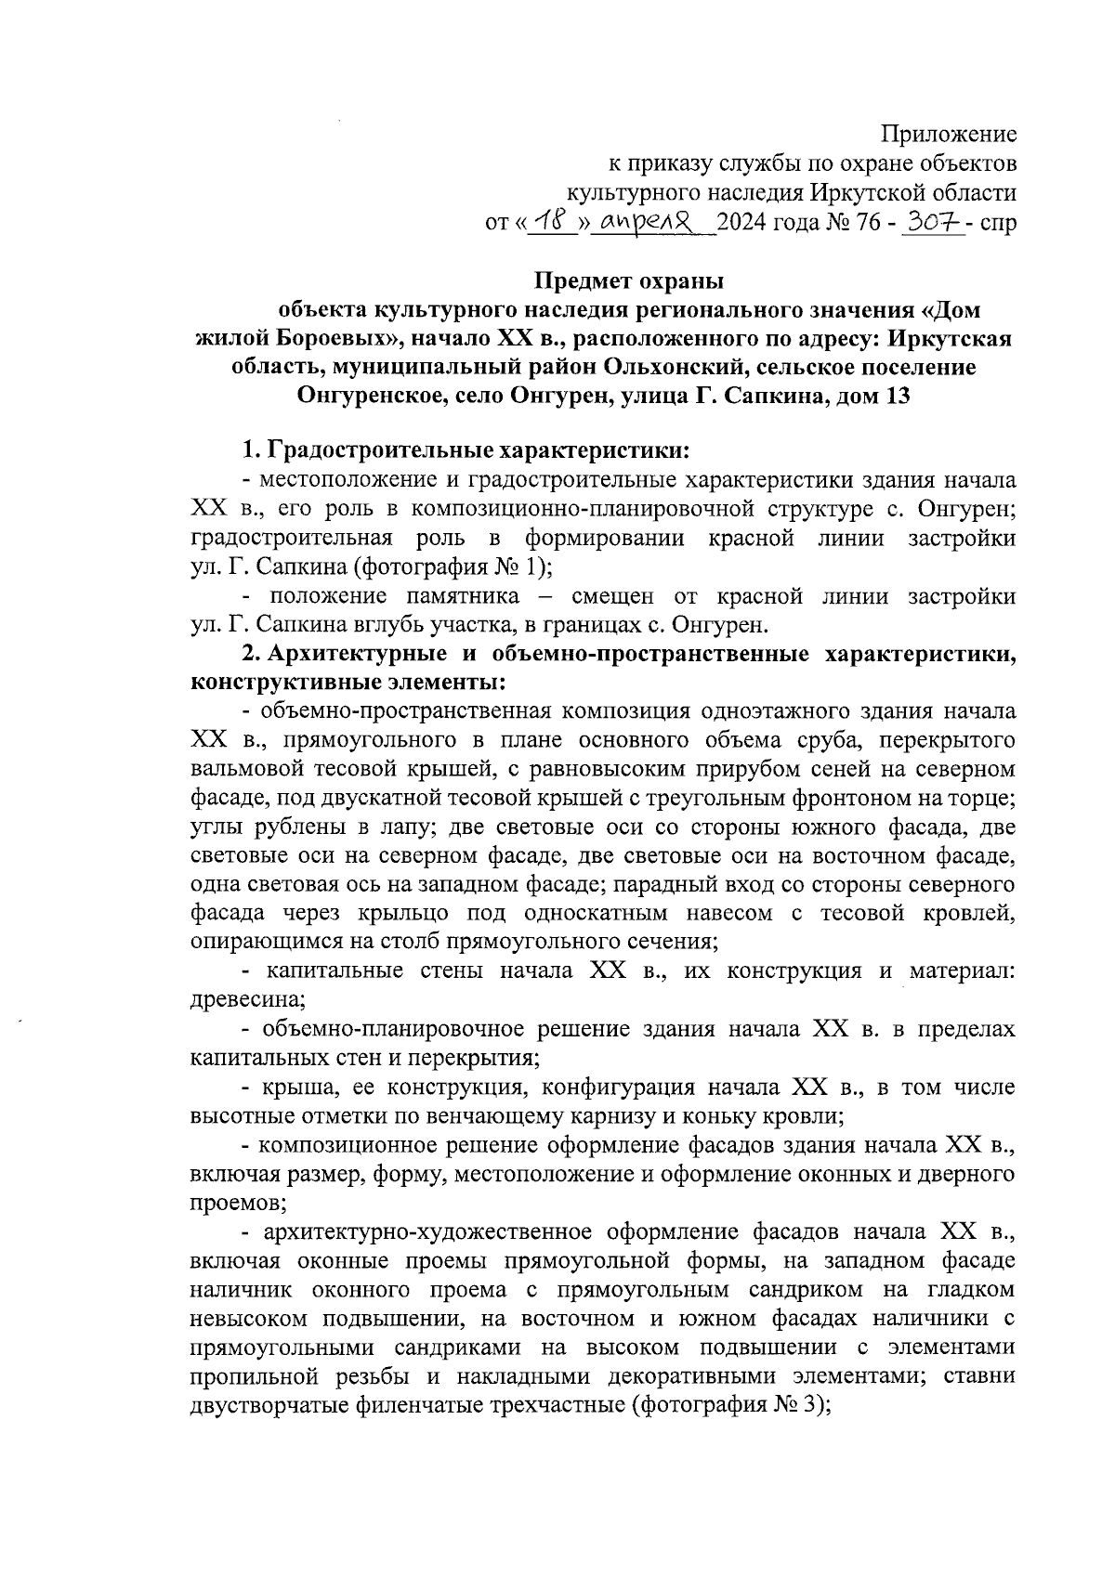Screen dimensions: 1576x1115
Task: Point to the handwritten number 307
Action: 932,223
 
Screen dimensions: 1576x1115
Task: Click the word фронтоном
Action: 813,798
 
